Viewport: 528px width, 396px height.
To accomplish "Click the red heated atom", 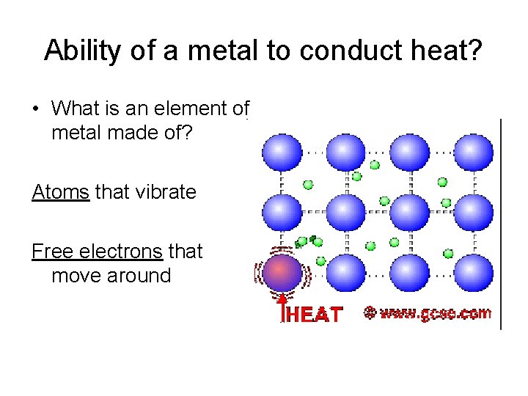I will point(282,273).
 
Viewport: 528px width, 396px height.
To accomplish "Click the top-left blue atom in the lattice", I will point(282,153).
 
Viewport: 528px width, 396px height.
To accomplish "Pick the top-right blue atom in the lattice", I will point(473,153).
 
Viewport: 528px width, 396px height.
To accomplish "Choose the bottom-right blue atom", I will point(473,273).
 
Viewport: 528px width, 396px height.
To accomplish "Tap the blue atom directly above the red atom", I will point(282,213).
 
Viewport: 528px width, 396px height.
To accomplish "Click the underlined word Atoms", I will point(60,192).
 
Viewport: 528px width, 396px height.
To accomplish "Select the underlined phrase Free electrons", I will point(97,252).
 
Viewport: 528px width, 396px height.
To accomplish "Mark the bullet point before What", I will point(35,109).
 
